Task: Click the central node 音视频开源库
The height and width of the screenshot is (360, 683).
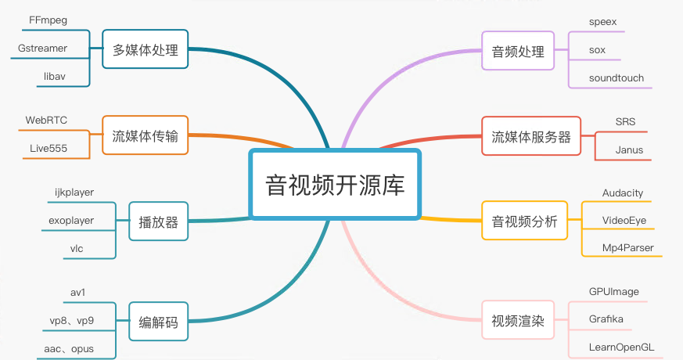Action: (334, 185)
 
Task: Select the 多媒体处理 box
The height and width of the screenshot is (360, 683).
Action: (146, 51)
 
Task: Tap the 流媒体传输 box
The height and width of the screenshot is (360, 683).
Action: (146, 137)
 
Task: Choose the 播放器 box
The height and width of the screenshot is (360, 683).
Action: (158, 222)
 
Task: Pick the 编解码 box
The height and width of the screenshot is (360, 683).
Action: (158, 322)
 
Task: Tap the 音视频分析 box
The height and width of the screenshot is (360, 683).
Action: (524, 221)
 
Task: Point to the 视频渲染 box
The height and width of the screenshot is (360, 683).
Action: (517, 320)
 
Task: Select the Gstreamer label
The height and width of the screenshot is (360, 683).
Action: (42, 49)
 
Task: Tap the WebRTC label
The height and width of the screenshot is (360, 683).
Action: (46, 121)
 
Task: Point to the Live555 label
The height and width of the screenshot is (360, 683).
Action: (46, 148)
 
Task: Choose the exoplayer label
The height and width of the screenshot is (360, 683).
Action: (71, 221)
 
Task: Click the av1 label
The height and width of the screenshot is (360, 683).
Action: (77, 293)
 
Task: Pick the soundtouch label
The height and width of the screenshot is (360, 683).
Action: (616, 78)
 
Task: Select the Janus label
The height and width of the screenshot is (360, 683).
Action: (629, 149)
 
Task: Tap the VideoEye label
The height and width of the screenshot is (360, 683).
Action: (624, 220)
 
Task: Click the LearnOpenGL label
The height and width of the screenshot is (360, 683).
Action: (622, 347)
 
